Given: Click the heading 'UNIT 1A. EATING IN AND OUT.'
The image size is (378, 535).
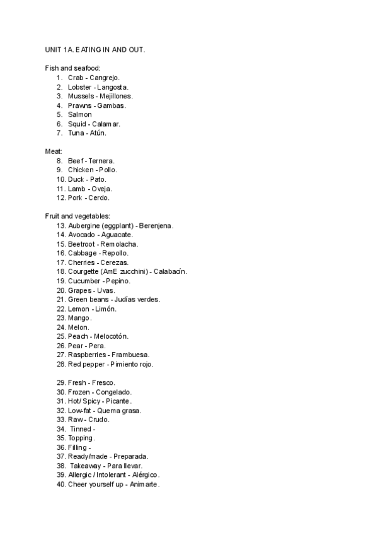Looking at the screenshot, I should tap(94, 49).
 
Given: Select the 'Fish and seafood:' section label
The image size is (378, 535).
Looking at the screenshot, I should tap(72, 68).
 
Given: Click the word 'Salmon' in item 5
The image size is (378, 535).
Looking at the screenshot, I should tap(80, 115).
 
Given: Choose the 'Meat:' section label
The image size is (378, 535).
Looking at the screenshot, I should tap(54, 151).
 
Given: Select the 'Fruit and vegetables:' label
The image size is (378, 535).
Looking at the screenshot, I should tap(77, 216).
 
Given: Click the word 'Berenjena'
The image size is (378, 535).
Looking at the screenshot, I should tap(156, 225).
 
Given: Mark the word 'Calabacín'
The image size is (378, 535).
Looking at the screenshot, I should tap(169, 272).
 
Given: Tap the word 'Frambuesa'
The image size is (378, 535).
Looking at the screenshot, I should tap(130, 355).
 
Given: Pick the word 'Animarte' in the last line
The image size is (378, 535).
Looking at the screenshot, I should tap(145, 485).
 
